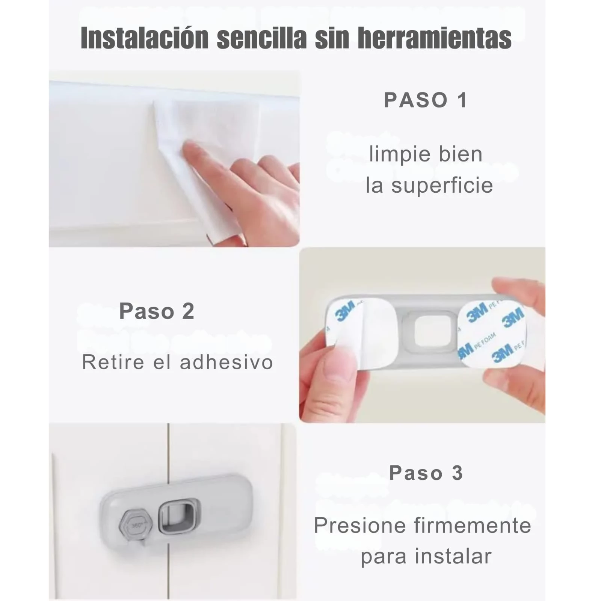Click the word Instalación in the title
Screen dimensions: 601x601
pos(145,38)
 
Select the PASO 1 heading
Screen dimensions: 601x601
pos(426,100)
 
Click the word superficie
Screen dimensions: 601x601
pos(442,186)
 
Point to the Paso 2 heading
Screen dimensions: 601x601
pos(157,311)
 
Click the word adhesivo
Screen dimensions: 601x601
pos(227,362)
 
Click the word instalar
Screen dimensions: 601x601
pos(453,556)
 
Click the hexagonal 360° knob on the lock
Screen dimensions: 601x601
pos(136,525)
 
